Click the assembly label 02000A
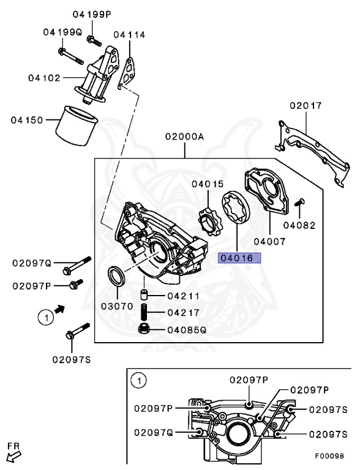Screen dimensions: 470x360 coord(184,138)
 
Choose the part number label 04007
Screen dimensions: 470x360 coord(269,242)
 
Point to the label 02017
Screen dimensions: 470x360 coord(306,106)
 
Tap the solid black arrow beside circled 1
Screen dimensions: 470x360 coord(59,311)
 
